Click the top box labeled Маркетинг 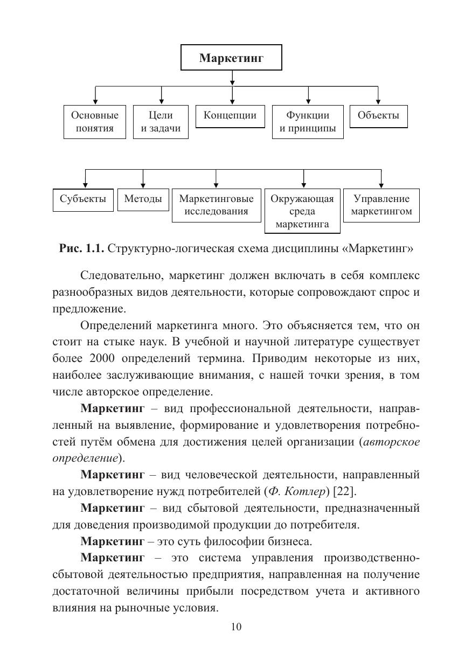231,58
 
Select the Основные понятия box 95,122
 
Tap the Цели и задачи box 161,122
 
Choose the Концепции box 230,116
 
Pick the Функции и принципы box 308,122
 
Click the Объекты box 378,116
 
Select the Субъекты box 84,199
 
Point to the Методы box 143,199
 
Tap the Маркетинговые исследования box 216,205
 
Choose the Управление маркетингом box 381,205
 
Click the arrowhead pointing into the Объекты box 378,102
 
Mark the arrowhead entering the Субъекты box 85,185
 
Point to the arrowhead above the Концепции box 232,102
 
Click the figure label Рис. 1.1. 82,248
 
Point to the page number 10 236,627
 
